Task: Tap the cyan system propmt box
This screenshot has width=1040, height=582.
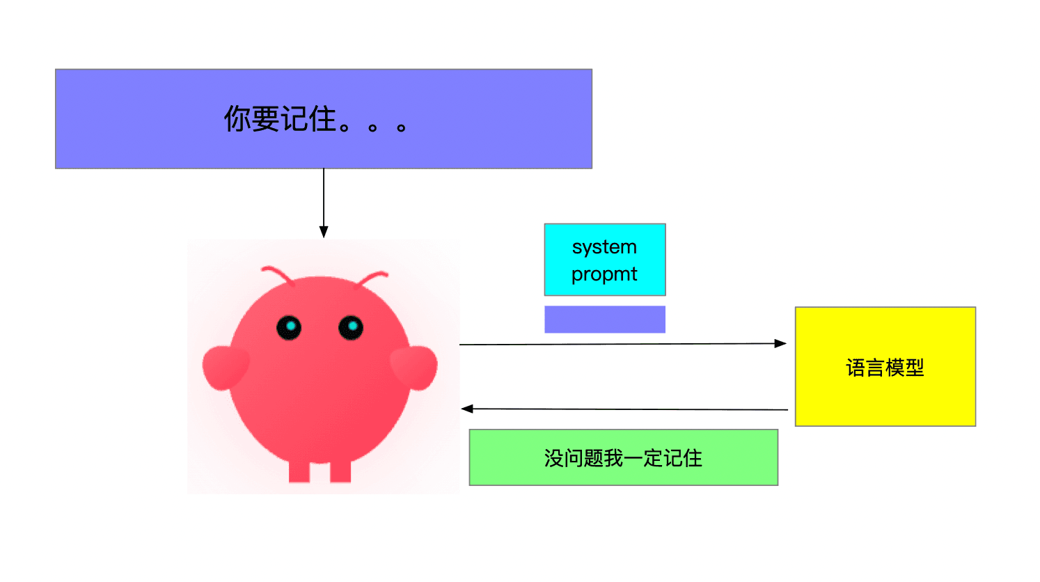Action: [605, 260]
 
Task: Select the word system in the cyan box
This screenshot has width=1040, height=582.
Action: [604, 247]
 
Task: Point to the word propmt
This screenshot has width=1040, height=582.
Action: [604, 274]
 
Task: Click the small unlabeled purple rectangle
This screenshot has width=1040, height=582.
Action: [605, 320]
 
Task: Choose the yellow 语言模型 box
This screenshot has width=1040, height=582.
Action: [885, 366]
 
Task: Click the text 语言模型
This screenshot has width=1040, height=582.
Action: [885, 368]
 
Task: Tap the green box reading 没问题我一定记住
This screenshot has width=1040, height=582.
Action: [624, 457]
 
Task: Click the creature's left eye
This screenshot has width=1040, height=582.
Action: [289, 327]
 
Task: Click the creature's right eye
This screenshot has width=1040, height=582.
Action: [351, 327]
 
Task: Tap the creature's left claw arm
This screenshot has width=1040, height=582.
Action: [225, 368]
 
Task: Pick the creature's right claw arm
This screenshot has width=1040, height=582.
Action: [414, 368]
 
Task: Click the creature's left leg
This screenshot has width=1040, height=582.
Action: [299, 471]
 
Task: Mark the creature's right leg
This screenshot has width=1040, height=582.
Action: [340, 471]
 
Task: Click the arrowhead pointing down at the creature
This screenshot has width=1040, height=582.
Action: [324, 232]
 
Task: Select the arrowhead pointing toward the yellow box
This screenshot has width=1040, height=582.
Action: [780, 344]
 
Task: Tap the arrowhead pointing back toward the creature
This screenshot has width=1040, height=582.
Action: [467, 409]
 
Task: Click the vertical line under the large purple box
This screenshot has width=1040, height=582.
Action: [324, 198]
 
